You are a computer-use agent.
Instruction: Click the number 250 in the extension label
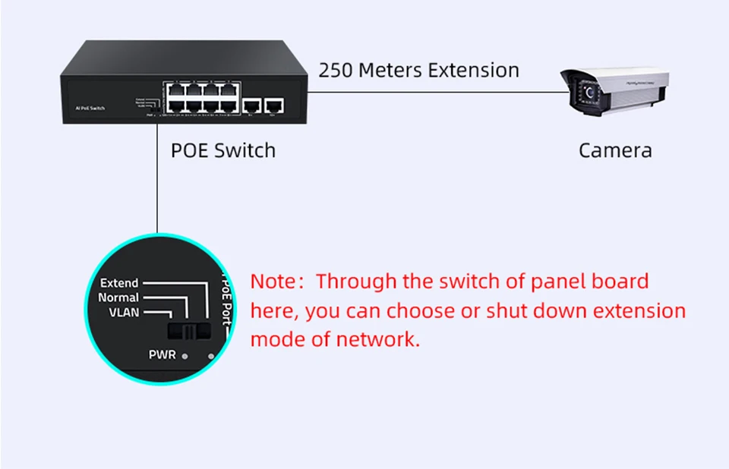(335, 71)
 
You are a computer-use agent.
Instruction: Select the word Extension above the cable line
(473, 71)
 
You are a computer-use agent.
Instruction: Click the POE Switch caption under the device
(223, 150)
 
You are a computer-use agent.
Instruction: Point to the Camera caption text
(615, 150)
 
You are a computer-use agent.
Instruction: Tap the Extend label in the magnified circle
(119, 283)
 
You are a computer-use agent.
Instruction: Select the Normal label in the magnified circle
(118, 297)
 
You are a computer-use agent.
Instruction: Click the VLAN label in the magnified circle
(125, 312)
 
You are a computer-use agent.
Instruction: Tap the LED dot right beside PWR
(185, 354)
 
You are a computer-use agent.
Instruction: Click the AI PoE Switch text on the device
(90, 109)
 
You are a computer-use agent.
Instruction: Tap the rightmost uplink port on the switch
(276, 105)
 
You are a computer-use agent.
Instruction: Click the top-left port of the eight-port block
(174, 89)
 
